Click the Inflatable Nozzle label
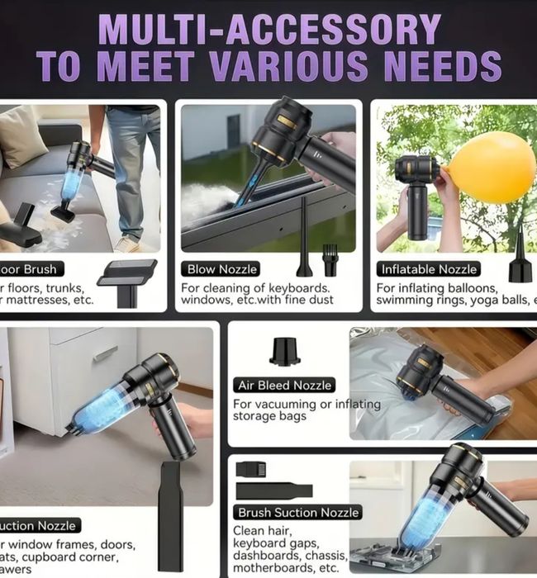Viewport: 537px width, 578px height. pyautogui.click(x=428, y=268)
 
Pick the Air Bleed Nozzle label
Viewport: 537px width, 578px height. pyautogui.click(x=284, y=385)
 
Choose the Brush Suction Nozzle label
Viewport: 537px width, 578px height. pyautogui.click(x=298, y=513)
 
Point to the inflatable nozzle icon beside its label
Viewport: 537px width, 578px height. pyautogui.click(x=520, y=260)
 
